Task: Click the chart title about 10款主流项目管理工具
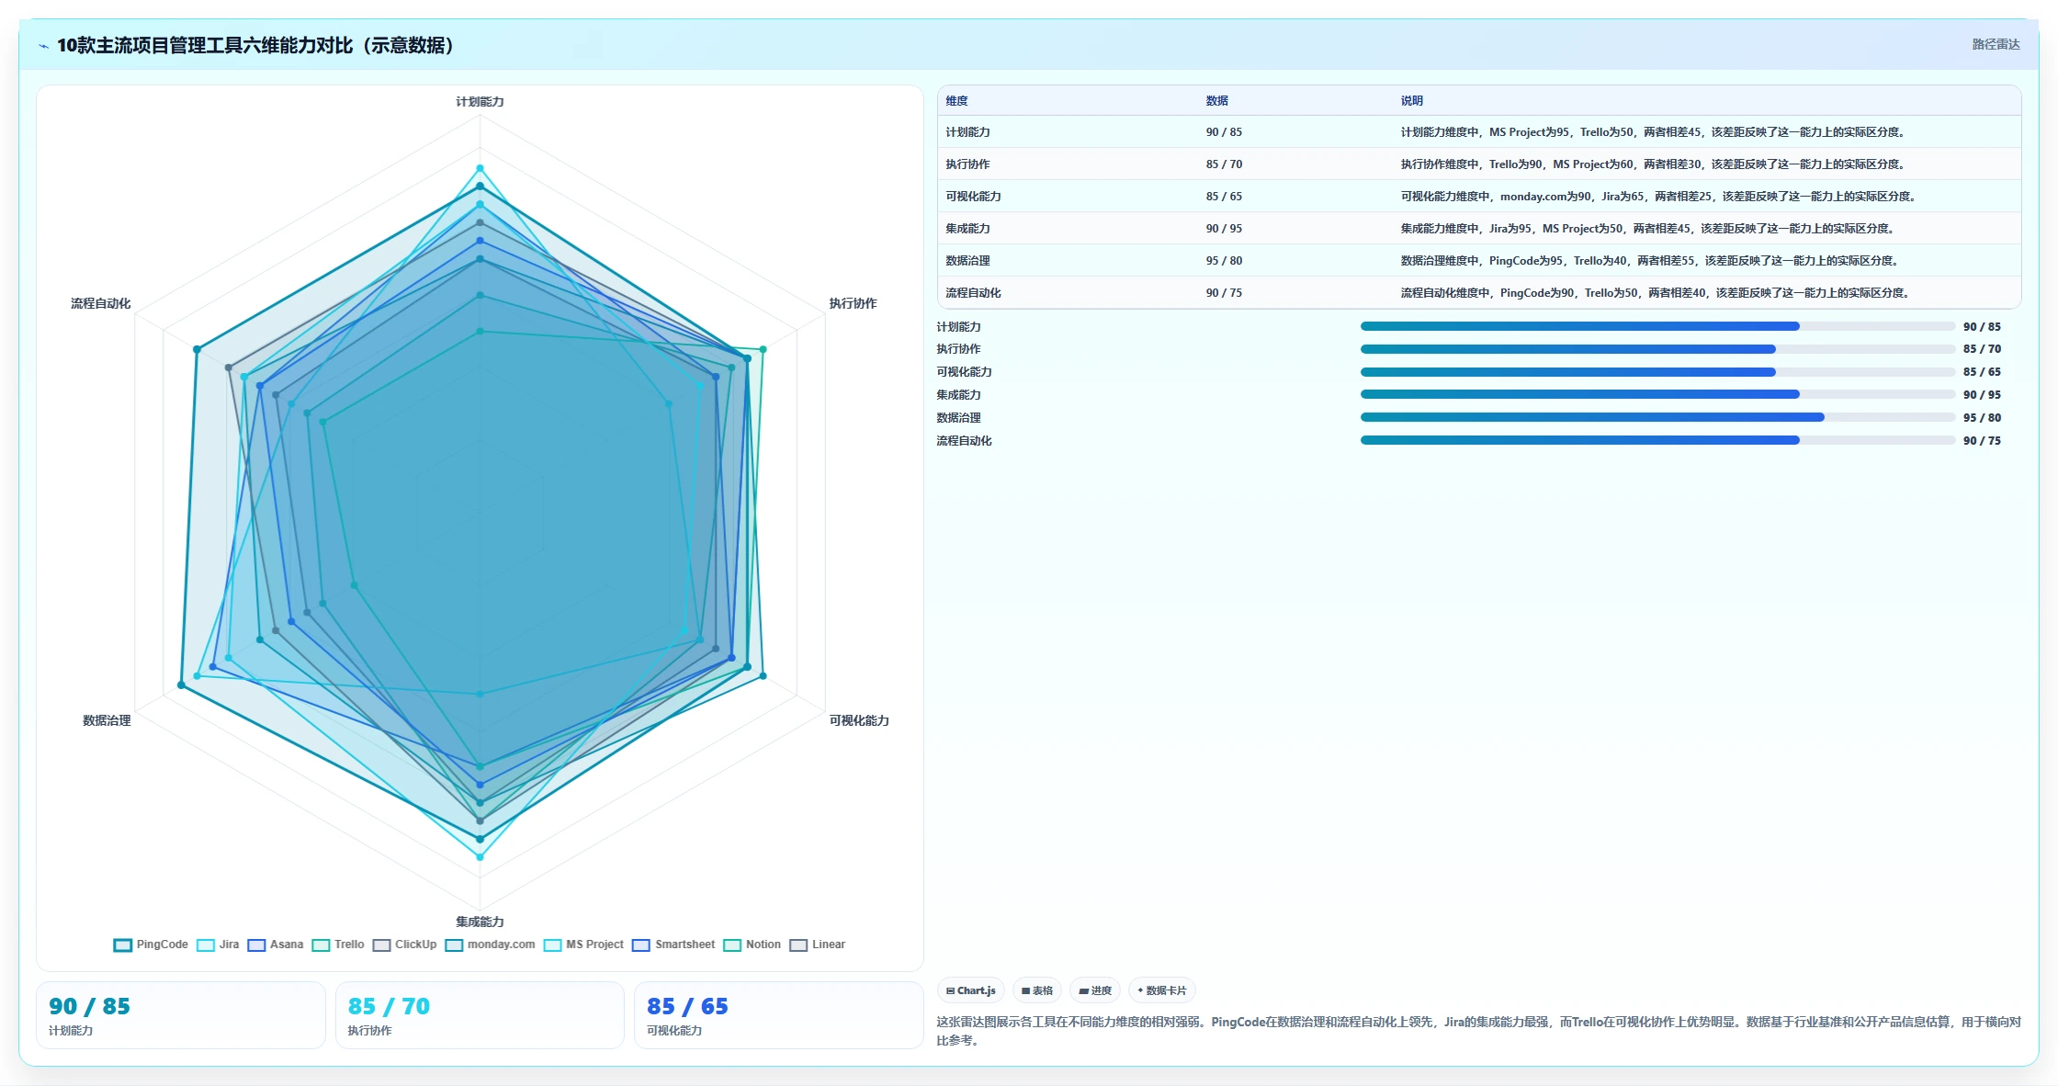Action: click(x=255, y=45)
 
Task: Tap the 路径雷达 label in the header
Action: click(x=1996, y=44)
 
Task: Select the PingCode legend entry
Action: click(x=151, y=945)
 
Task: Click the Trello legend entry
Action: click(x=338, y=945)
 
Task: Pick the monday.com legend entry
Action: click(x=490, y=945)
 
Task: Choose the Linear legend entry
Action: click(x=818, y=945)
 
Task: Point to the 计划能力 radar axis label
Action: click(x=480, y=102)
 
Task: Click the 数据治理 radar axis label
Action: click(x=107, y=720)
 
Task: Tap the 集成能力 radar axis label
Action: click(x=480, y=922)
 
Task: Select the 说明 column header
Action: click(x=1411, y=101)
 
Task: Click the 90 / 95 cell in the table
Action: click(x=1224, y=229)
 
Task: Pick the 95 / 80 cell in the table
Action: click(x=1224, y=261)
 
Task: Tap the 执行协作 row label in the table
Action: click(x=967, y=164)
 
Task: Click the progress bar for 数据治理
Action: click(x=1657, y=417)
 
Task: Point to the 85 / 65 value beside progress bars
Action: click(x=1982, y=372)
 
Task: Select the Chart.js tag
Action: click(x=971, y=990)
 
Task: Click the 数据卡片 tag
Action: click(x=1162, y=990)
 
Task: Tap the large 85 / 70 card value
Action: click(x=389, y=1006)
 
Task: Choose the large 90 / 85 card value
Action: click(x=89, y=1006)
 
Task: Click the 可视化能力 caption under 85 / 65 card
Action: click(x=674, y=1031)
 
